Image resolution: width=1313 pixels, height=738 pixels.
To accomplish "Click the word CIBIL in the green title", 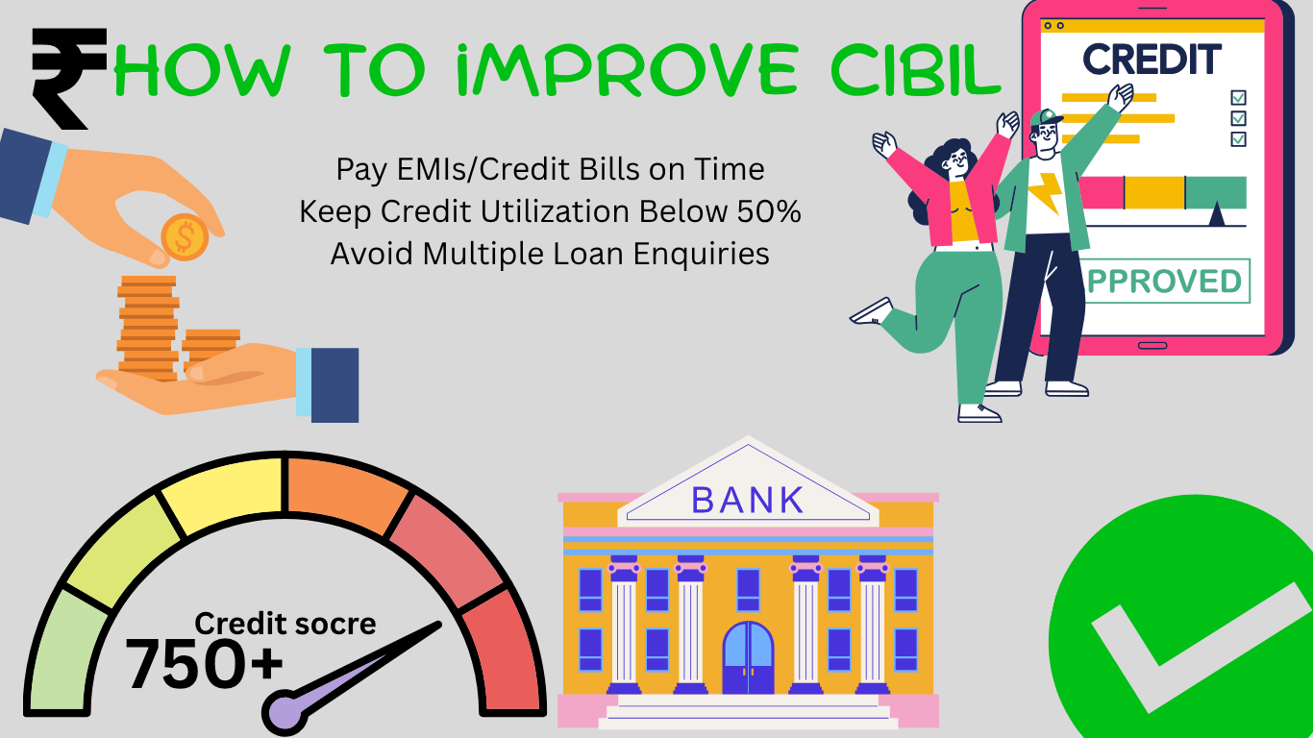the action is (916, 70).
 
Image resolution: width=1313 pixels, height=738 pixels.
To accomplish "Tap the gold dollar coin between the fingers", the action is (185, 236).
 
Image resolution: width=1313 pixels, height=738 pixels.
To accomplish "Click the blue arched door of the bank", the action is (748, 657).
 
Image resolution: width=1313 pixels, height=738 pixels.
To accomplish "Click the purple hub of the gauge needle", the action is (284, 712).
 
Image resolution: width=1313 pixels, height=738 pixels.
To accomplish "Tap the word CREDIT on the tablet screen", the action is (1152, 60).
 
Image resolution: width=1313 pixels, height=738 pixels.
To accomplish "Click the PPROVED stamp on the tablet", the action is (1164, 281).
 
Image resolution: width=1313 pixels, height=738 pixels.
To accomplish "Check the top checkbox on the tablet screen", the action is (1239, 97).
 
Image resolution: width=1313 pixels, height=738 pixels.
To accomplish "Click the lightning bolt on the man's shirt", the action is (1047, 193).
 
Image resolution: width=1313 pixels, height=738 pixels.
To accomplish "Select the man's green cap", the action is (1046, 118).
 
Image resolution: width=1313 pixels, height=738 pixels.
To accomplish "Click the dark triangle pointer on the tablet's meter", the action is (1217, 213).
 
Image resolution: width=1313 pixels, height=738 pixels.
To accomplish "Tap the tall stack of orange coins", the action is (148, 329).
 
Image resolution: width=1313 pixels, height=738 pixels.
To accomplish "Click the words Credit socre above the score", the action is (285, 624).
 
